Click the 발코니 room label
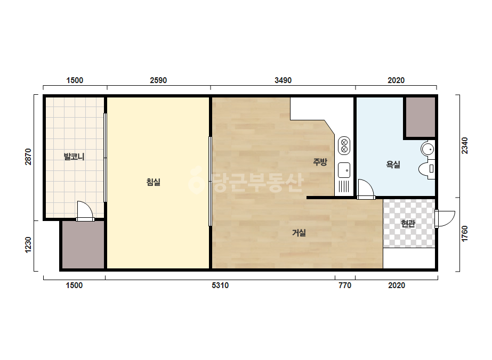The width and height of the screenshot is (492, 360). (74, 156)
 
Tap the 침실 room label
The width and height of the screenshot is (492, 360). (154, 182)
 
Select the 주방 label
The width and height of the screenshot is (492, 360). (320, 162)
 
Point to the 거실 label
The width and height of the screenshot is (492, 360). (299, 233)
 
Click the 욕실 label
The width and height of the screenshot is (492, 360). (393, 165)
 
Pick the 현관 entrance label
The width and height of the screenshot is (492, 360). (408, 224)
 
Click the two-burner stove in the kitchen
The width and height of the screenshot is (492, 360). (344, 145)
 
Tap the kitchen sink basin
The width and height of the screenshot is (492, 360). (344, 170)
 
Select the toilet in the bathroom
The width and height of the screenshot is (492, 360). (427, 169)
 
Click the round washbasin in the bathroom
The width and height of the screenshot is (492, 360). (428, 149)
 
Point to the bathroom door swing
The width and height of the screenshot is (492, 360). (366, 190)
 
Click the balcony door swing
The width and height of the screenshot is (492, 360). (85, 211)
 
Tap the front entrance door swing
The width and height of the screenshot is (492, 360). (445, 218)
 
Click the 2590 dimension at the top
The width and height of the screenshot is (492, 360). (158, 80)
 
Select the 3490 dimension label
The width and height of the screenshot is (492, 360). (283, 80)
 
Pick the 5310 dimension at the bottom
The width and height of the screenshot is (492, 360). (220, 285)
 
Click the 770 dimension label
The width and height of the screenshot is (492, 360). (345, 285)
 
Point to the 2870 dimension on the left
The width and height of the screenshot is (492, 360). (28, 157)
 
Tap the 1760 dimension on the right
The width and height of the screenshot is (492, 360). (465, 234)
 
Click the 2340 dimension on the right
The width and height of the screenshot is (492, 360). (465, 145)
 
